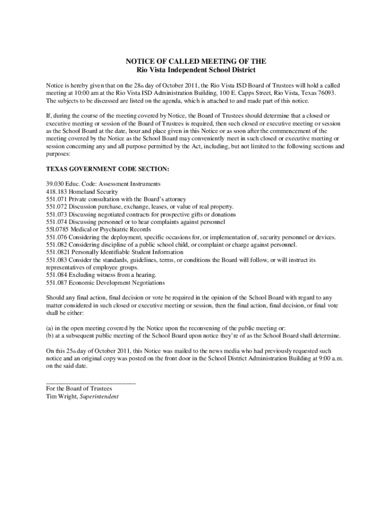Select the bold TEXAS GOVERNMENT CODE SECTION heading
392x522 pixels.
pyautogui.click(x=107, y=169)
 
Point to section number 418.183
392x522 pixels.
pyautogui.click(x=56, y=192)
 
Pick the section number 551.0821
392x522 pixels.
pyautogui.click(x=58, y=252)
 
